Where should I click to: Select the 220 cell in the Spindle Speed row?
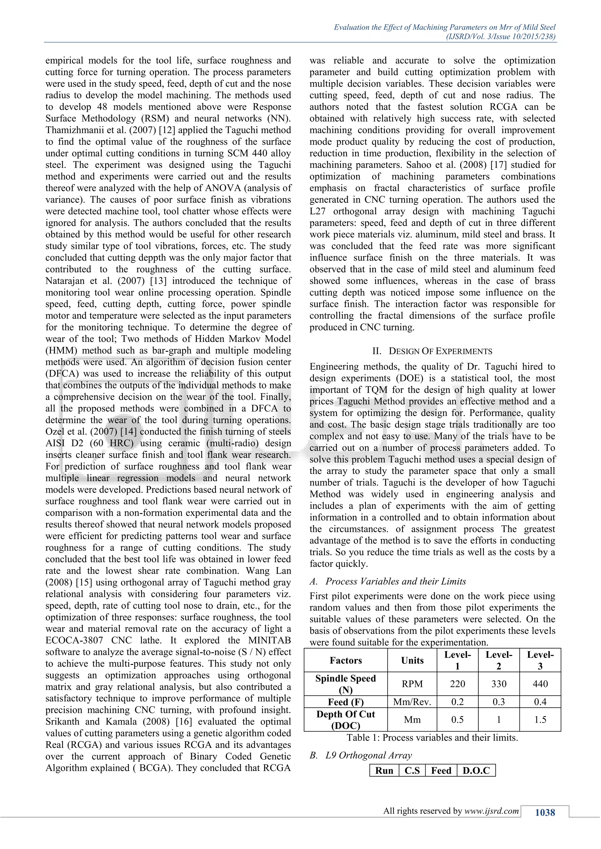pyautogui.click(x=457, y=684)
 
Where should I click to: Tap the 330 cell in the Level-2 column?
pyautogui.click(x=499, y=684)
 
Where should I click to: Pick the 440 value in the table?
pyautogui.click(x=540, y=684)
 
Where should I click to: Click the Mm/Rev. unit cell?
pyautogui.click(x=412, y=702)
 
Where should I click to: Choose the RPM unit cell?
pyautogui.click(x=412, y=684)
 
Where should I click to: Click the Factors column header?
pyautogui.click(x=346, y=660)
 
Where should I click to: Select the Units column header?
pyautogui.click(x=412, y=660)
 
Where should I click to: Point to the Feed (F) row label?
pyautogui.click(x=346, y=702)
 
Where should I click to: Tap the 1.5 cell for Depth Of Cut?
pyautogui.click(x=540, y=720)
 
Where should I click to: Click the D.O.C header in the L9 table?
pyautogui.click(x=476, y=770)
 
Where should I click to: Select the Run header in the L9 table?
pyautogui.click(x=384, y=770)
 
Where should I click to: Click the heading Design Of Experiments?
pyautogui.click(x=432, y=351)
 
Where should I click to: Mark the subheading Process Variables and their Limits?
pyautogui.click(x=395, y=581)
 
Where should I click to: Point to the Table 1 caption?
pyautogui.click(x=432, y=737)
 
